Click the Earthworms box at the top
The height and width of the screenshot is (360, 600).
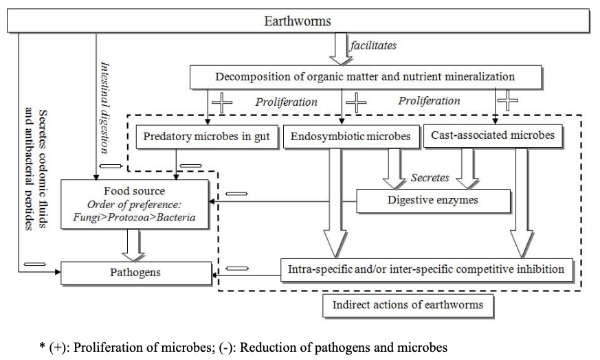point(298,21)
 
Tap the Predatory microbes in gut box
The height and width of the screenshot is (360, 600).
point(207,136)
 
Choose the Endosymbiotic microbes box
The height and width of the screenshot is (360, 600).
point(350,136)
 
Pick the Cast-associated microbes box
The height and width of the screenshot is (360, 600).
point(492,135)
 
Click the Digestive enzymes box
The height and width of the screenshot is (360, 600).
point(433,201)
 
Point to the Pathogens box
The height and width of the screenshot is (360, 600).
point(135,272)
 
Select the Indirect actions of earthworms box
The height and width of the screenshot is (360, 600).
point(408,304)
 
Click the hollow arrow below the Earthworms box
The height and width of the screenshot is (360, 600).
point(340,48)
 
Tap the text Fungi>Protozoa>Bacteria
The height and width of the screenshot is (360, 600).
point(135,217)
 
